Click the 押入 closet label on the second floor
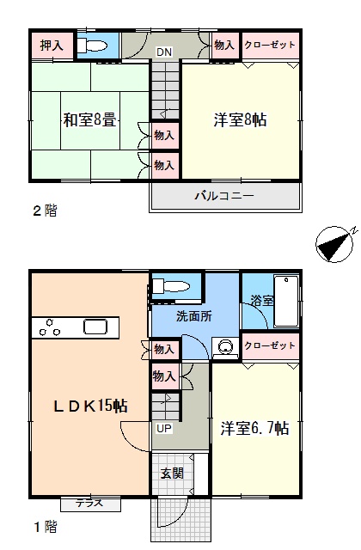coord(52,46)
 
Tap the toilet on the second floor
coord(92,46)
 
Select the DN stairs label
coord(164,52)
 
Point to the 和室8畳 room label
coord(89,120)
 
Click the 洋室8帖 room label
coord(241,120)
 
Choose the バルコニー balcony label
coord(224,196)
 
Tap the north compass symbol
coord(334,244)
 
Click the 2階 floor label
coord(45,211)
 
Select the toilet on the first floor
coord(169,286)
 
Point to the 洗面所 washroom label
coord(194,317)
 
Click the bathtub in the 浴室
coord(286,302)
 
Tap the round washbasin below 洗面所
coord(225,347)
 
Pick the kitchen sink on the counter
coord(95,327)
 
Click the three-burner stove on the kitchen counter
coord(50,327)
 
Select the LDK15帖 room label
coord(90,406)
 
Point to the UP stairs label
coord(164,429)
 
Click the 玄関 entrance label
coord(172,474)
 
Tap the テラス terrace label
coord(89,504)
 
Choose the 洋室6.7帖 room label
coord(255,428)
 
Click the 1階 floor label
coord(45,527)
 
